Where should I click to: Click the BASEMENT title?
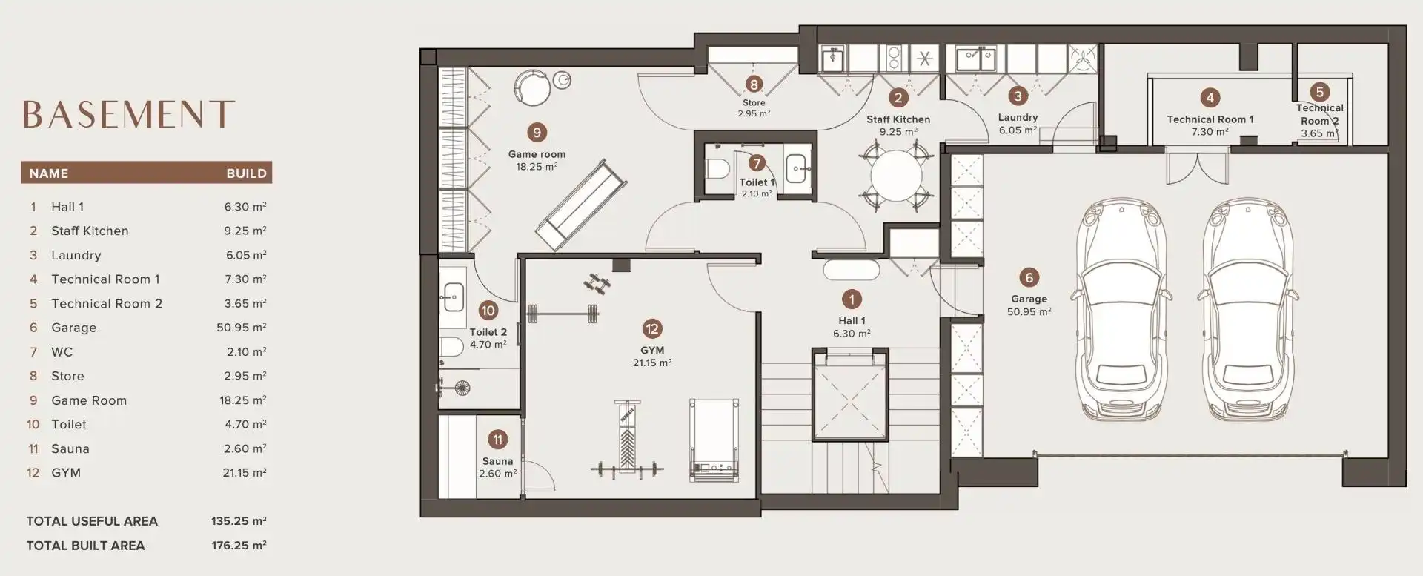(128, 114)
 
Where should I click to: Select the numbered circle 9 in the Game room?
(537, 133)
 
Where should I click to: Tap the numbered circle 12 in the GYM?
(652, 328)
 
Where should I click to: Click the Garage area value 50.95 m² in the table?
(242, 328)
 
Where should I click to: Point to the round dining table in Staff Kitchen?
(896, 175)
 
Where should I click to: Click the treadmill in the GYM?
(714, 440)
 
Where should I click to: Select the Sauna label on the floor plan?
(497, 461)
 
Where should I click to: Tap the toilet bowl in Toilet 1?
(717, 169)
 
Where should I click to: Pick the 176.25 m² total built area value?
(239, 546)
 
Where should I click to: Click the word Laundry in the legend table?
(76, 255)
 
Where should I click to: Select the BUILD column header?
(246, 173)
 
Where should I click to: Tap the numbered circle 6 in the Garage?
(1029, 277)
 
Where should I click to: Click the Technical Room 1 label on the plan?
(1210, 119)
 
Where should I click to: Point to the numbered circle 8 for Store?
(754, 85)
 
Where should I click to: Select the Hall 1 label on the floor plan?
(852, 321)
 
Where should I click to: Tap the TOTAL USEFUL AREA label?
(92, 521)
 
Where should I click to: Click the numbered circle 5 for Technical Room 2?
(1319, 92)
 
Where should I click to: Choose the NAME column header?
(49, 173)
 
